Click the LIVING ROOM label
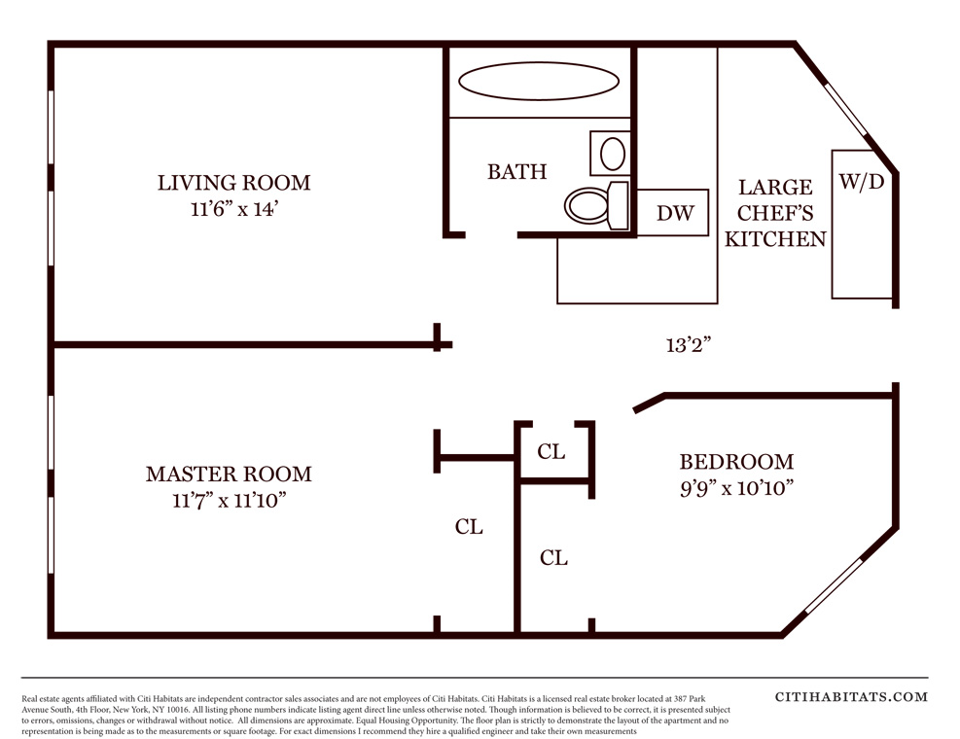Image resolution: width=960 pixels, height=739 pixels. tap(233, 183)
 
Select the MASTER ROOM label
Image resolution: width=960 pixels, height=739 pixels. tap(229, 474)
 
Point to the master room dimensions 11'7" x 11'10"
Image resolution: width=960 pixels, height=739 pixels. tap(230, 500)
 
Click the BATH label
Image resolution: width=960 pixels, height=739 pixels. tap(517, 171)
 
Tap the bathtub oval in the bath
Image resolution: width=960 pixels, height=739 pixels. tap(539, 81)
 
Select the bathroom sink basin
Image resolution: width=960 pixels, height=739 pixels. tap(612, 153)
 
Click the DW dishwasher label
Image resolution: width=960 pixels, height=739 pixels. tap(675, 213)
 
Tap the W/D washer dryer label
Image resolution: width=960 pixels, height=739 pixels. tap(862, 181)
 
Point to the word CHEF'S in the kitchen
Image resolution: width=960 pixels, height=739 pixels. tap(775, 213)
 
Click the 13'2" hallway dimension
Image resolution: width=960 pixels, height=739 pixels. tap(689, 345)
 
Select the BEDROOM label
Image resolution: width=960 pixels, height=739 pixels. tap(736, 462)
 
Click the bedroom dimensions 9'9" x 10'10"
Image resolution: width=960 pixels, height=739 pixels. tap(737, 488)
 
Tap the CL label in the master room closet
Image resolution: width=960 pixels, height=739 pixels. tap(469, 527)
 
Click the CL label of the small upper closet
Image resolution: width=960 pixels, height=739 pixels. tap(551, 452)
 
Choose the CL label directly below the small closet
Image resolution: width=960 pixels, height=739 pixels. tap(554, 558)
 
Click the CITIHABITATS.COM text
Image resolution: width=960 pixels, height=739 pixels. tap(852, 697)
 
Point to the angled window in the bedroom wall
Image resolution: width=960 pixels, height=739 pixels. tap(834, 586)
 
